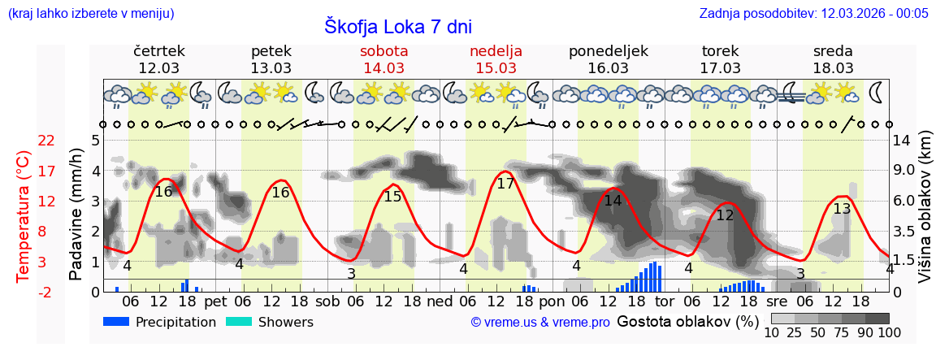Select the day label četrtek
159,51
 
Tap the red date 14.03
384,68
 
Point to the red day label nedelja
496,51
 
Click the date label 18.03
833,68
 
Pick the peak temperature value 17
505,184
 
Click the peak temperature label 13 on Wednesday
842,209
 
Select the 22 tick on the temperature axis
47,141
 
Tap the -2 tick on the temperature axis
47,293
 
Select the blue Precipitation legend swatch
116,322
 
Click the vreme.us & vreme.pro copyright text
540,323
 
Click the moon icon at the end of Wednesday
876,92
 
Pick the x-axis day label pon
552,301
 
